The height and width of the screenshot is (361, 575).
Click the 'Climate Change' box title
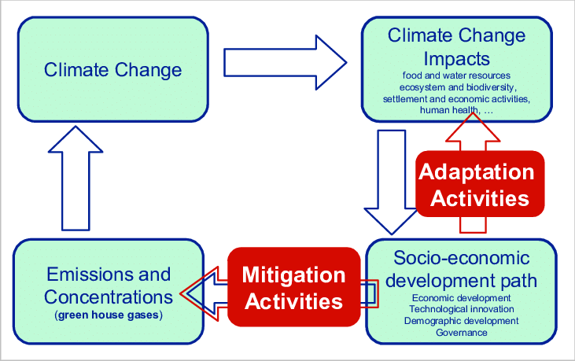112,69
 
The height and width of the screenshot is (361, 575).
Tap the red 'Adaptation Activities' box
479,184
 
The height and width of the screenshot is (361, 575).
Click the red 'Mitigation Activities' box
293,288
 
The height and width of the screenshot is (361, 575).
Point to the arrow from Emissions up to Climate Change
75,180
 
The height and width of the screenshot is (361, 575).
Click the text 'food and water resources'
456,76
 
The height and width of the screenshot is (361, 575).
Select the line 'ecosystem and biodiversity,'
456,87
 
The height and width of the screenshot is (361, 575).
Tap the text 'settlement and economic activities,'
456,99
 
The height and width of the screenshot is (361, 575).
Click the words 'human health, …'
456,110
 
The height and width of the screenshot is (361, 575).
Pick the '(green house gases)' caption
108,315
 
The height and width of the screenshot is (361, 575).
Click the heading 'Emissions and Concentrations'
108,285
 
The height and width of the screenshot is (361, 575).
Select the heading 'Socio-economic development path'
462,269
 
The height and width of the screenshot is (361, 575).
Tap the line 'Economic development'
462,298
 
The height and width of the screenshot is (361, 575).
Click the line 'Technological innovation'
462,309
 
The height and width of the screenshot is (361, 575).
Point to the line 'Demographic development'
462,321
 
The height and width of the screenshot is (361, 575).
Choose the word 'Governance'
462,332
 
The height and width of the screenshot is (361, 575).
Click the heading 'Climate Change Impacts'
456,47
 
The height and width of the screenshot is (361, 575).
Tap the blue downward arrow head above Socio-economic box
390,220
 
